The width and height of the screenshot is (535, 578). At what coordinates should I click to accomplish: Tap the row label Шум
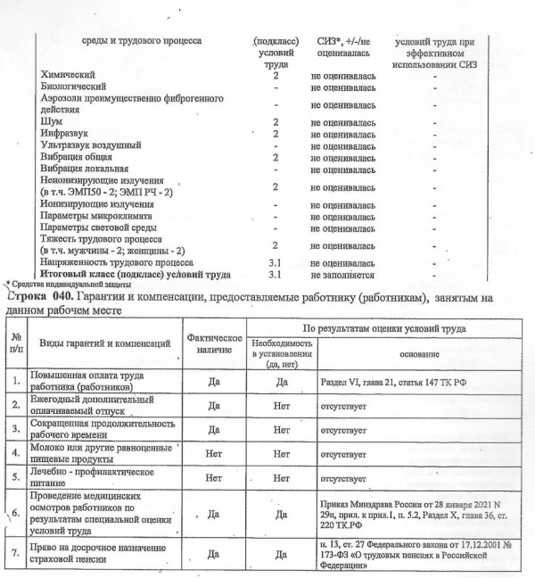click(52, 121)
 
